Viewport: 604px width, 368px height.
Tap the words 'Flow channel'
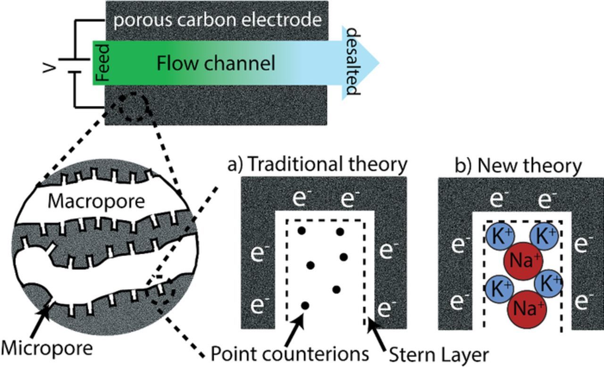(216, 63)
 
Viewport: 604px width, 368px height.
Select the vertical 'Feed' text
(102, 62)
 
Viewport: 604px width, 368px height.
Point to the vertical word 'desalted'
(353, 61)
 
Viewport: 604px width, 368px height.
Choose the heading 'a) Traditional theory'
(317, 164)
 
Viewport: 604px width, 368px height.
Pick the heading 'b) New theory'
(518, 165)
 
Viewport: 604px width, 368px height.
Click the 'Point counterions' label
(289, 353)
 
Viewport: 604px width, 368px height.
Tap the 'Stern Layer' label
(438, 353)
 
